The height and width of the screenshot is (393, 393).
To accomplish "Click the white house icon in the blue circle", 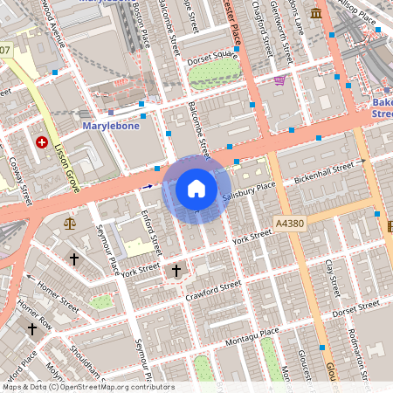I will point(196,189).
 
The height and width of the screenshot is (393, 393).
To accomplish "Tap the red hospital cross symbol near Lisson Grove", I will point(41,141).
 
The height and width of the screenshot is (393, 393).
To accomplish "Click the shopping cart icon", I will point(279,81).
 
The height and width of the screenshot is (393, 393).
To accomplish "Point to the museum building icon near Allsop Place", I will point(314,14).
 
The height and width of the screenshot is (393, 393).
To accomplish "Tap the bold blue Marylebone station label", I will point(111,126).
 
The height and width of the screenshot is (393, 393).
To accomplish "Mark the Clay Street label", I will point(330,276).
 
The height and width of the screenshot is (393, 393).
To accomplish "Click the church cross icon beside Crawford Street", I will point(176,271).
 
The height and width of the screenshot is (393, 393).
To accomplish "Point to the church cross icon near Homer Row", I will point(32,329).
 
